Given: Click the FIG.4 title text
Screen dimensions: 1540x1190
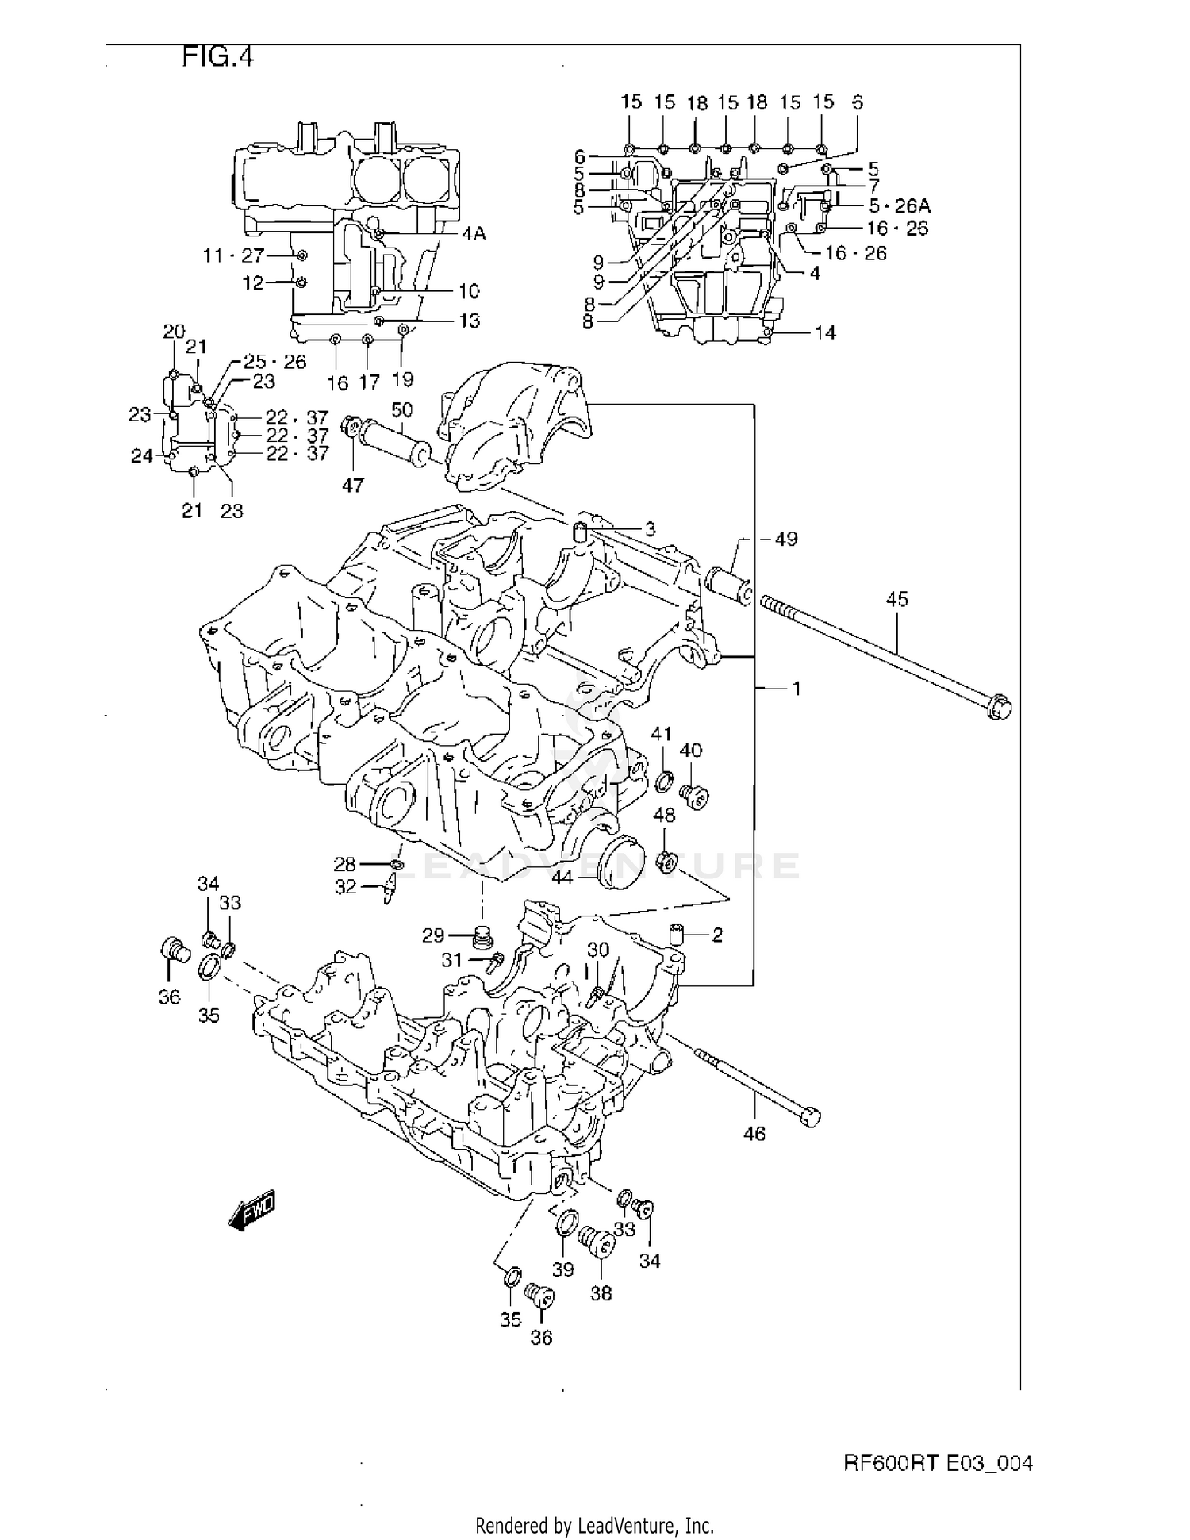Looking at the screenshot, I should click(217, 57).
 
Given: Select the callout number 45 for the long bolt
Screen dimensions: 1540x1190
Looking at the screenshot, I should click(896, 599).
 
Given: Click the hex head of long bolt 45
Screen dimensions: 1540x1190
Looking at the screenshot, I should click(1000, 706).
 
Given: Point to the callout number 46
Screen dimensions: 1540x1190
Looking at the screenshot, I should click(754, 1134).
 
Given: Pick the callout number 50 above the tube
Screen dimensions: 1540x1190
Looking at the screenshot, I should click(402, 409).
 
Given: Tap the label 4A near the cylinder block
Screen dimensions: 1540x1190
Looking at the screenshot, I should click(474, 234).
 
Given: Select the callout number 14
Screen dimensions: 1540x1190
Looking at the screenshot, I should click(825, 332).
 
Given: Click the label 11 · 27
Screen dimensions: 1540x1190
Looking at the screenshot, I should click(232, 255).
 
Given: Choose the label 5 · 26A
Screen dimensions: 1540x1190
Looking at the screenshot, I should click(899, 206).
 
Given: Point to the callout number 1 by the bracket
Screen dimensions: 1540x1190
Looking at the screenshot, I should click(797, 689).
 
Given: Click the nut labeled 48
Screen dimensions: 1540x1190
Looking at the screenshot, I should click(666, 860).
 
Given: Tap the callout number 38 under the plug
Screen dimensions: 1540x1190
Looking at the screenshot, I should click(601, 1293).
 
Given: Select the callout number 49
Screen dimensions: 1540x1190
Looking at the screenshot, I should click(785, 540).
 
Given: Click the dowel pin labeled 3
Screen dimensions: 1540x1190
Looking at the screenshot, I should click(580, 532).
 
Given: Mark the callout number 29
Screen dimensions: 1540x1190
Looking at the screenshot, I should click(433, 935).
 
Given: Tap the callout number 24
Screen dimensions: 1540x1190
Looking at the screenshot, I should click(142, 456).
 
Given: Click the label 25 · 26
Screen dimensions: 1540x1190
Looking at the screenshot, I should click(274, 362).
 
